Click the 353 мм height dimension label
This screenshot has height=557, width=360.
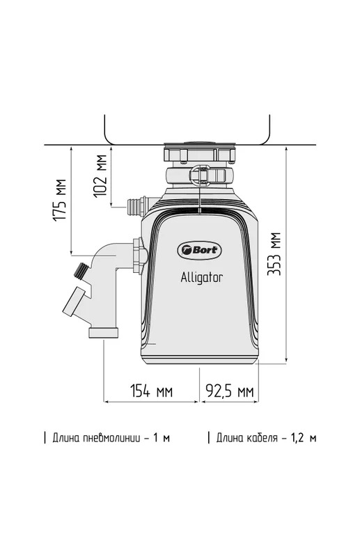[x=274, y=253]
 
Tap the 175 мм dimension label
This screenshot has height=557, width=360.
[x=60, y=200]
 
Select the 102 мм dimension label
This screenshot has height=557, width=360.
[x=100, y=175]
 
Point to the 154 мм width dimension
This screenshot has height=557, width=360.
[x=151, y=391]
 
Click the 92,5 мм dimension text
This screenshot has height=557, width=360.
[x=230, y=391]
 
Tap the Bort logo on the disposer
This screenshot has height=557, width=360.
[x=199, y=250]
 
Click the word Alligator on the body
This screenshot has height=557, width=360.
[x=201, y=277]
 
